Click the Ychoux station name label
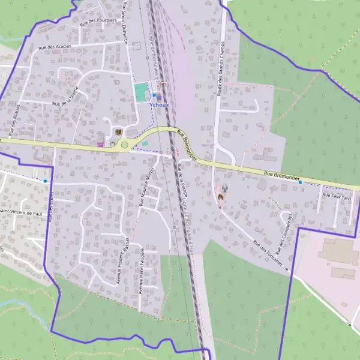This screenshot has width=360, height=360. [159, 104]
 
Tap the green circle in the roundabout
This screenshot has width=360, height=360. [125, 145]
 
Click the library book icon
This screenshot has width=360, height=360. [118, 131]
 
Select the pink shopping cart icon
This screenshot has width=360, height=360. [100, 144]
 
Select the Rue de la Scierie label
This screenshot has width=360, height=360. [65, 96]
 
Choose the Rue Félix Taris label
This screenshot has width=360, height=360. [335, 196]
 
